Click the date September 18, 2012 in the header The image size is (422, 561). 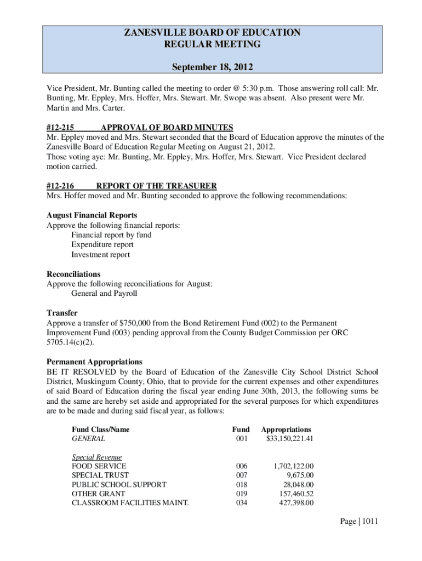213,68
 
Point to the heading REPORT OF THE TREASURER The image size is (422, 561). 156,186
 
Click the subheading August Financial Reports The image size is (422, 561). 92,215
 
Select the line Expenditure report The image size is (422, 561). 102,245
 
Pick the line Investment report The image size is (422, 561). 100,255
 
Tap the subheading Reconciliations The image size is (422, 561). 73,274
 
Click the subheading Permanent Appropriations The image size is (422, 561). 94,362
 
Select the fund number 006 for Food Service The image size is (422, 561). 241,466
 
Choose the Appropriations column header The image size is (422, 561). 286,430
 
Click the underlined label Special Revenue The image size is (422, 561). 96,457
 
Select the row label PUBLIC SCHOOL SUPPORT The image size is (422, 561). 119,485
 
